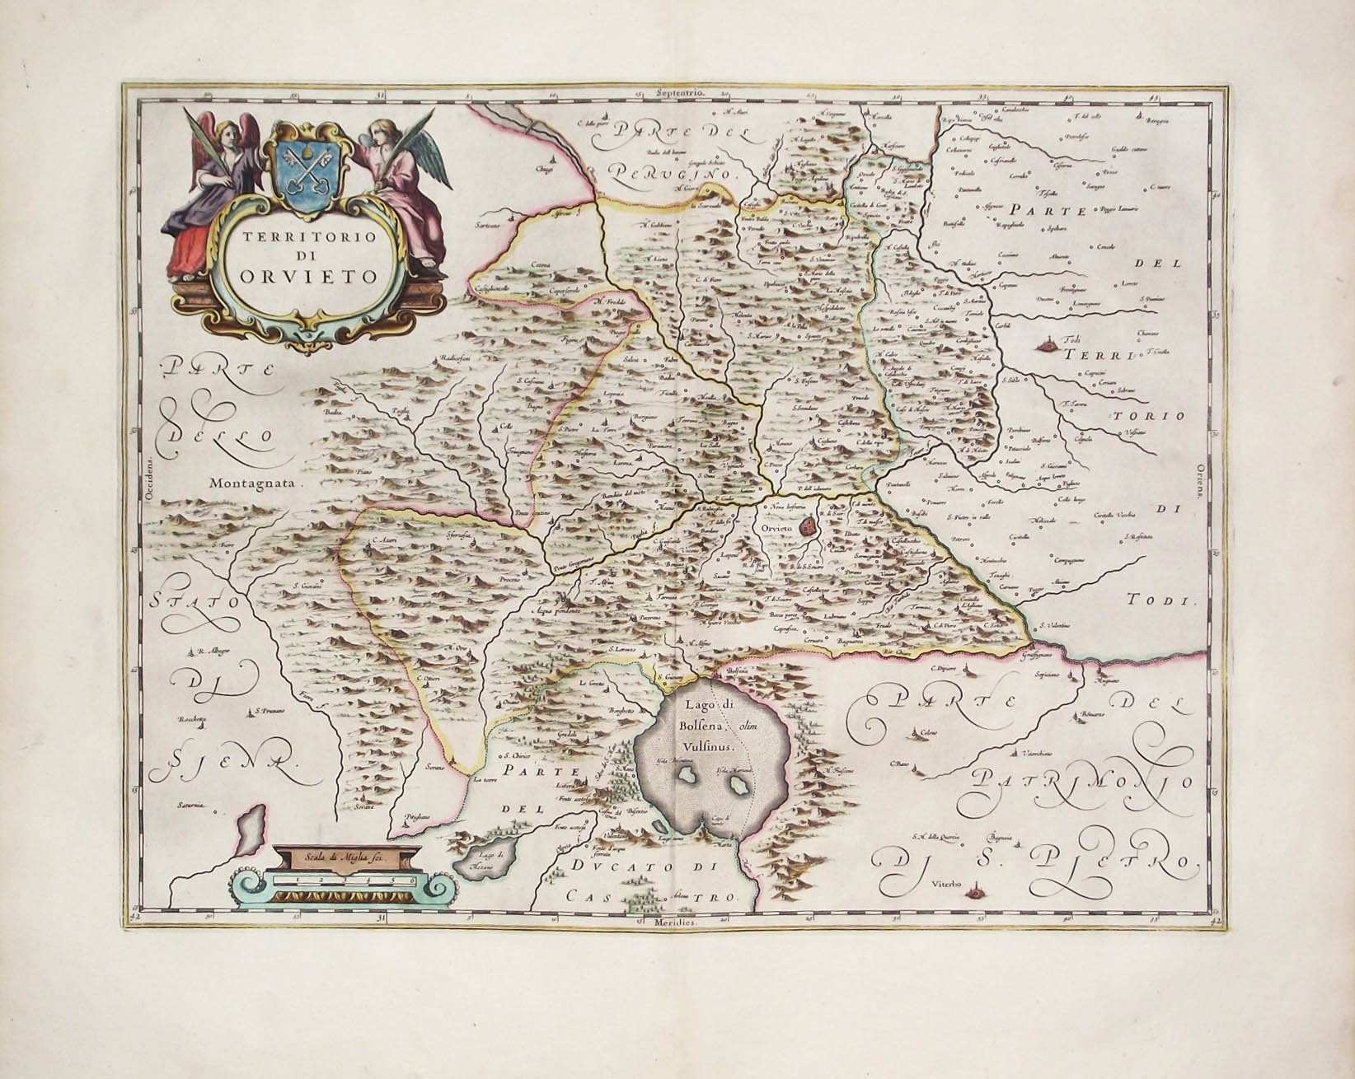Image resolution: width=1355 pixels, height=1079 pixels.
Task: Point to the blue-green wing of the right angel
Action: pyautogui.click(x=435, y=156)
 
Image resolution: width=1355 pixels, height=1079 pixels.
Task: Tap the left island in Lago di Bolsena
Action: pyautogui.click(x=685, y=776)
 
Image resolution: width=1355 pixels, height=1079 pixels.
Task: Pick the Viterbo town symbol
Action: pyautogui.click(x=977, y=890)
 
